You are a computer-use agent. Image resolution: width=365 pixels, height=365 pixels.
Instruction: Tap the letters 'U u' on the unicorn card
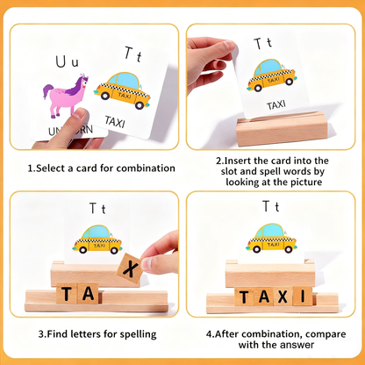pyautogui.click(x=67, y=61)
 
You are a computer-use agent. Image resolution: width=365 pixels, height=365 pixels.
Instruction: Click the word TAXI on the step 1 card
pyautogui.click(x=115, y=120)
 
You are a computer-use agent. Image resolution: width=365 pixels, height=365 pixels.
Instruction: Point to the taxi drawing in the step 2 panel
pyautogui.click(x=271, y=76)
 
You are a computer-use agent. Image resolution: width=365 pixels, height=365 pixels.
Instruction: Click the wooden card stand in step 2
pyautogui.click(x=271, y=132)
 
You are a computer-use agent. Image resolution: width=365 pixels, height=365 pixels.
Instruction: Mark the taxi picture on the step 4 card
pyautogui.click(x=271, y=237)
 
